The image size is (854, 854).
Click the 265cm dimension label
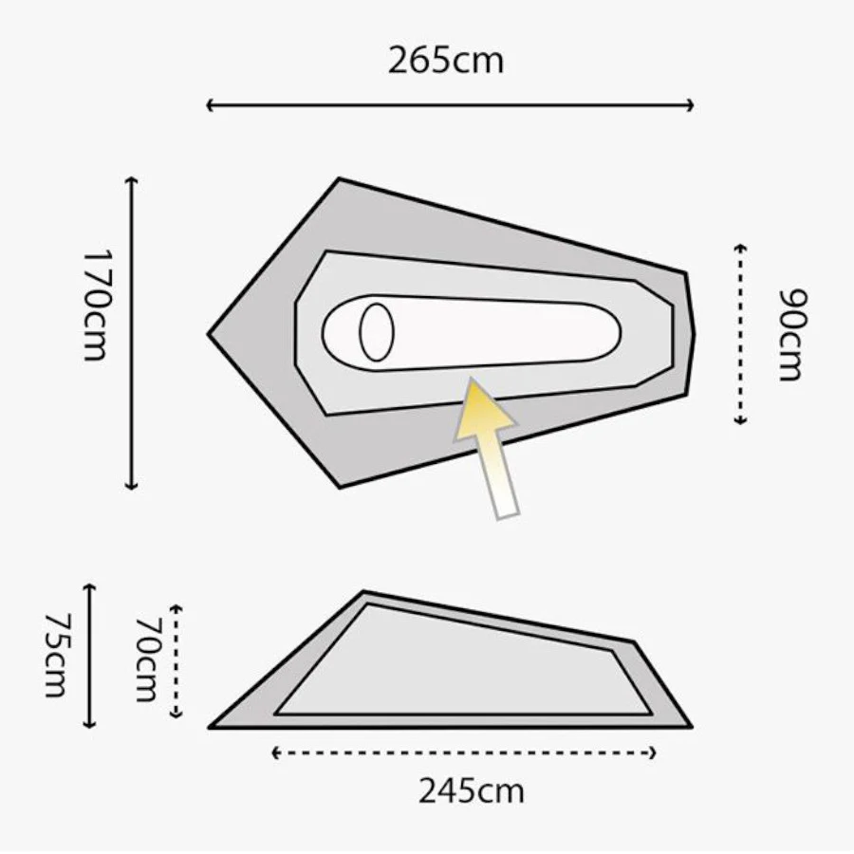(x=446, y=61)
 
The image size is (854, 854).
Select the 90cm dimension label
(x=792, y=334)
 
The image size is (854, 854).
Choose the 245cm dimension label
(x=472, y=790)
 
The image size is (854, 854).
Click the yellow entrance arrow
(x=487, y=448)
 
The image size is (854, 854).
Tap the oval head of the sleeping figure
(x=377, y=332)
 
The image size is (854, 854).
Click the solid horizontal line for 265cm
(x=450, y=105)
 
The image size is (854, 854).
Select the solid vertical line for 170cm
(x=132, y=333)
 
